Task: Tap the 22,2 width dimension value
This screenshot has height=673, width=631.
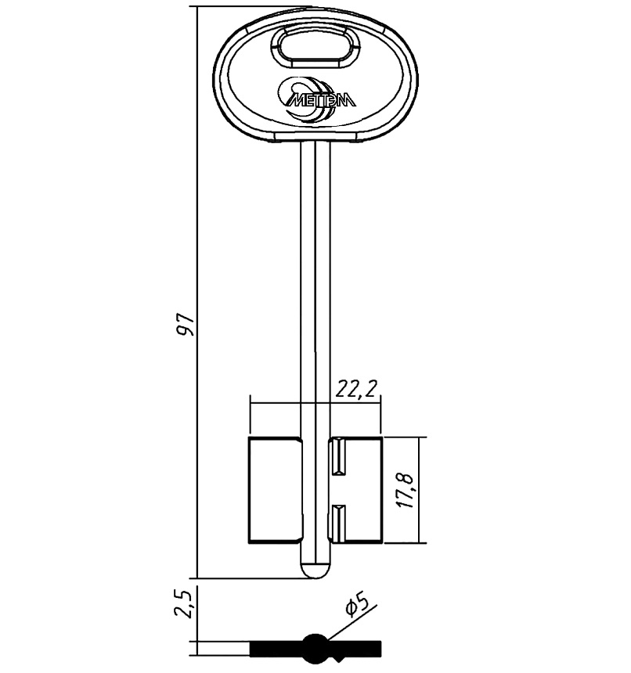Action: [x=356, y=390]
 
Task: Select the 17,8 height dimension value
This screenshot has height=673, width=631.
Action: [x=406, y=491]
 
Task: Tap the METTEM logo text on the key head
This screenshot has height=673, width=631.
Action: [x=321, y=100]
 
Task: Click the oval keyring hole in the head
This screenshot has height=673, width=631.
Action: [x=315, y=46]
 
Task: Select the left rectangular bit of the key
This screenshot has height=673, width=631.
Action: [x=275, y=490]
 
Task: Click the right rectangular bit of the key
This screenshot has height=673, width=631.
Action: [x=356, y=490]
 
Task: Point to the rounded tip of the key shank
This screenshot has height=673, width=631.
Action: [x=316, y=570]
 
